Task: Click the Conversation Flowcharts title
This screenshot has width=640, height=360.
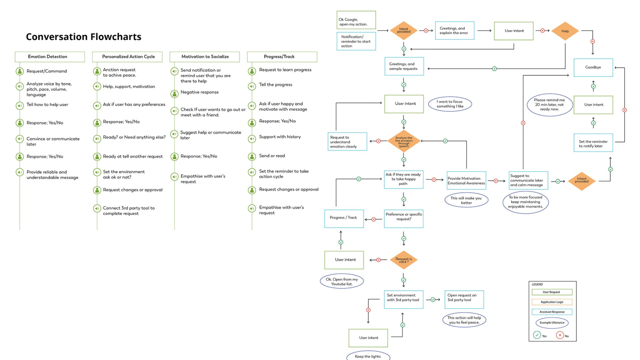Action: tap(83, 37)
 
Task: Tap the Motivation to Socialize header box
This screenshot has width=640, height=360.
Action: tap(205, 57)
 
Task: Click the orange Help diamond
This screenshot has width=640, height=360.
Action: tap(565, 31)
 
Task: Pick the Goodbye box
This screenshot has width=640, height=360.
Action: tap(593, 67)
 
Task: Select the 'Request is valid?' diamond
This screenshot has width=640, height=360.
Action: tap(403, 260)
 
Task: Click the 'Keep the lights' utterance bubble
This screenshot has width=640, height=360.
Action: tap(368, 356)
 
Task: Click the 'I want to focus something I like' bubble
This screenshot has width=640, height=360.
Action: tap(450, 104)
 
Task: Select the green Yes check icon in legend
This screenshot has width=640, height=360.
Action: tap(537, 335)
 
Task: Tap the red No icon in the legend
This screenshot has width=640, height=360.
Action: tap(560, 335)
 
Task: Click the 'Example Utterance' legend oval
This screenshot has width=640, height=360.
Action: tap(552, 322)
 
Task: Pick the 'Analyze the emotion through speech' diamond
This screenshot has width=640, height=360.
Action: tap(404, 141)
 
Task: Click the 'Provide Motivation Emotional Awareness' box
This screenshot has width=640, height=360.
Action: tap(466, 180)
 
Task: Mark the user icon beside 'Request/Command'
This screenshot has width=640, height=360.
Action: tap(20, 71)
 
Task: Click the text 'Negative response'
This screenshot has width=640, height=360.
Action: tap(199, 92)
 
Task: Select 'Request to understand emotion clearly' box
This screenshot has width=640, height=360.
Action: tap(347, 142)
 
